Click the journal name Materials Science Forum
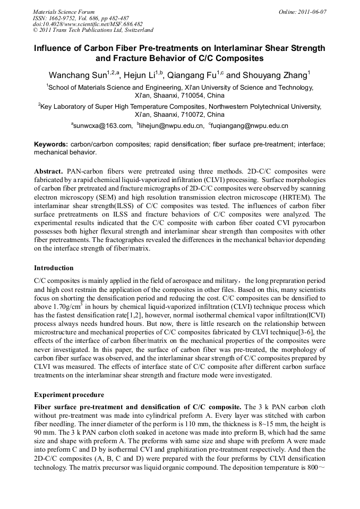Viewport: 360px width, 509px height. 64,12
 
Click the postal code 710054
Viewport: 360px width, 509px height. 192,96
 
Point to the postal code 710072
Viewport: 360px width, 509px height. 192,115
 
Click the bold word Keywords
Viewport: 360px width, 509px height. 50,144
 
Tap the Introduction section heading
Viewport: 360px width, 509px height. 54,268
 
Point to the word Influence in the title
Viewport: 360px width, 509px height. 56,48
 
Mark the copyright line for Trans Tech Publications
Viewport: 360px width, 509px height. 93,30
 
